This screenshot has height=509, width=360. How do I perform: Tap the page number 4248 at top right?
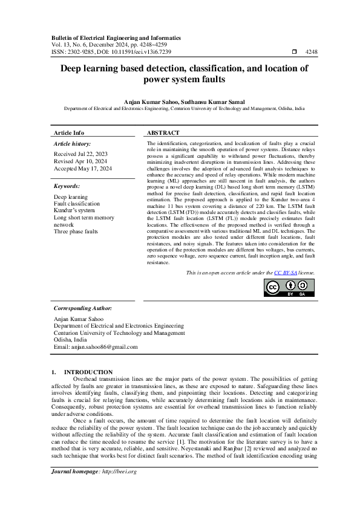[311, 53]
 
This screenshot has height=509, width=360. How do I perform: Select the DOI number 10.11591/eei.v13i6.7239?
[141, 53]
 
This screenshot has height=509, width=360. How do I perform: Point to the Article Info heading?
[69, 132]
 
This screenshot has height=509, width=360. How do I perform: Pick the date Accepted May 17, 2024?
[83, 169]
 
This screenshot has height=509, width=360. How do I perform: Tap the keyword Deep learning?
[71, 197]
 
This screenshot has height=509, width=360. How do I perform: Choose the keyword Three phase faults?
[76, 232]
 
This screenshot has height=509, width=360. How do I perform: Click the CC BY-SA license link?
[285, 273]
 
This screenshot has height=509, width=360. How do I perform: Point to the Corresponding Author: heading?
[83, 308]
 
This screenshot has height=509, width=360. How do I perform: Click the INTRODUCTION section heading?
[88, 372]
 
